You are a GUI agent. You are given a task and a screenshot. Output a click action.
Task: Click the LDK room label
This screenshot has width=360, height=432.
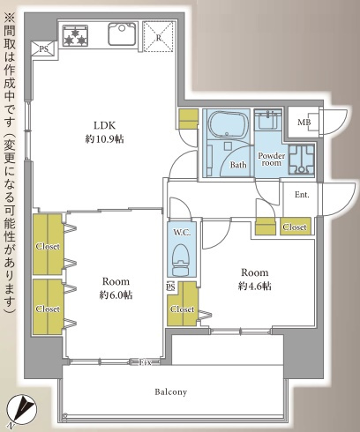click(104, 125)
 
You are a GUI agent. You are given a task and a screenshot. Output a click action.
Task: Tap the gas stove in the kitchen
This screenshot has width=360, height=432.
click(75, 36)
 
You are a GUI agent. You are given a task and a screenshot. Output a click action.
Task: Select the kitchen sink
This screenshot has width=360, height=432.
click(122, 34)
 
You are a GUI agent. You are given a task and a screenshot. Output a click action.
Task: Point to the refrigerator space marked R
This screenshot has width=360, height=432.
click(159, 37)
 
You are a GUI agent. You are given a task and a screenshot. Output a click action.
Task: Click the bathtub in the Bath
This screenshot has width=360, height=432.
click(227, 124)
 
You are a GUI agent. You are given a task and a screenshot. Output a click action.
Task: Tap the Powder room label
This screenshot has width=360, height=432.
click(271, 159)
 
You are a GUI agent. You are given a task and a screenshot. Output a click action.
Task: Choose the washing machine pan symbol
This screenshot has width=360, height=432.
click(302, 160)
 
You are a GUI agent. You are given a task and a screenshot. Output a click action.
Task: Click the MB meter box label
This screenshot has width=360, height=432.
click(304, 123)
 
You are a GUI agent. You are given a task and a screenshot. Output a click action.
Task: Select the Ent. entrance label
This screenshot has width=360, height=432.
click(302, 195)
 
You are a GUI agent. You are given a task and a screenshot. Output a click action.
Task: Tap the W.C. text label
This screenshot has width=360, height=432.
click(182, 233)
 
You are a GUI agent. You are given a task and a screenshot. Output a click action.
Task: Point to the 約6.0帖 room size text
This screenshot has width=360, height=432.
click(116, 294)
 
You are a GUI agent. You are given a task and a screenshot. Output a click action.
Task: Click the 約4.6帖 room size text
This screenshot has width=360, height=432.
click(255, 286)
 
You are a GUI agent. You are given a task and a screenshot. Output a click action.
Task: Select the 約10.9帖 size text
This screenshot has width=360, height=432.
click(104, 138)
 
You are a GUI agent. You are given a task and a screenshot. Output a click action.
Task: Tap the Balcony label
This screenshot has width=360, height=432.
click(171, 392)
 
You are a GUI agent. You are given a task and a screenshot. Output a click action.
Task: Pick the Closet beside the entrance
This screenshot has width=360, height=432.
click(295, 227)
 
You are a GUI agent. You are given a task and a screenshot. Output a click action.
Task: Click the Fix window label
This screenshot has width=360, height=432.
click(145, 362)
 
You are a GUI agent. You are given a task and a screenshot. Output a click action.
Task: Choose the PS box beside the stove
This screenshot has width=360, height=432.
click(43, 48)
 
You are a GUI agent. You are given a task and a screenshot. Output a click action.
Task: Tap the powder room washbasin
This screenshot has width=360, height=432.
click(268, 120)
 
